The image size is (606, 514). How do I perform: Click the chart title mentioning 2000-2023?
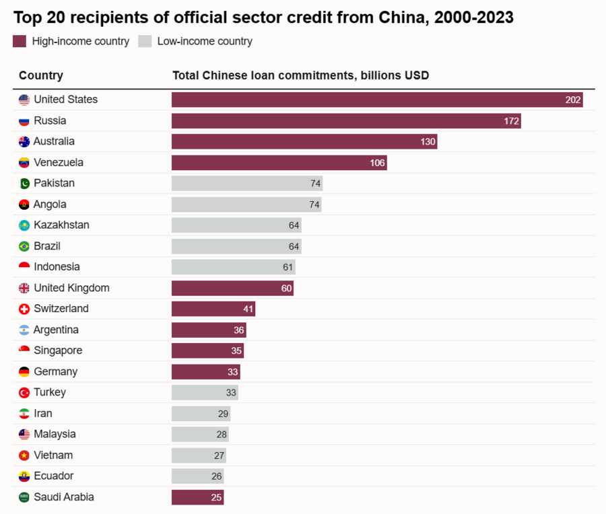263,17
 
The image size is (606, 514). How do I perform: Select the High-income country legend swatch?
20,42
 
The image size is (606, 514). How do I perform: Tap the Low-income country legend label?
205,42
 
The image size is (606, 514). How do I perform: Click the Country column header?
41,75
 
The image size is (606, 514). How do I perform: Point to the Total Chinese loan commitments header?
300,75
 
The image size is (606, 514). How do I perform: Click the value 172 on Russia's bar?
511,121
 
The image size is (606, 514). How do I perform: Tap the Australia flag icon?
24,142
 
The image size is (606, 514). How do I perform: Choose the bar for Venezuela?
279,163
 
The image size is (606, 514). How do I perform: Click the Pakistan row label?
54,183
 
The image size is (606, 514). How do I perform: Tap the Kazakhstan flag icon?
24,225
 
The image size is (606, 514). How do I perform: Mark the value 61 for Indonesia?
288,267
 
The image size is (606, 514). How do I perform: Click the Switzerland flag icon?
24,309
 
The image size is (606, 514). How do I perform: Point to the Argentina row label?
56,330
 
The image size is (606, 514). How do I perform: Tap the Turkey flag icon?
24,392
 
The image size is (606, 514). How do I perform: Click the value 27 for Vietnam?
219,455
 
